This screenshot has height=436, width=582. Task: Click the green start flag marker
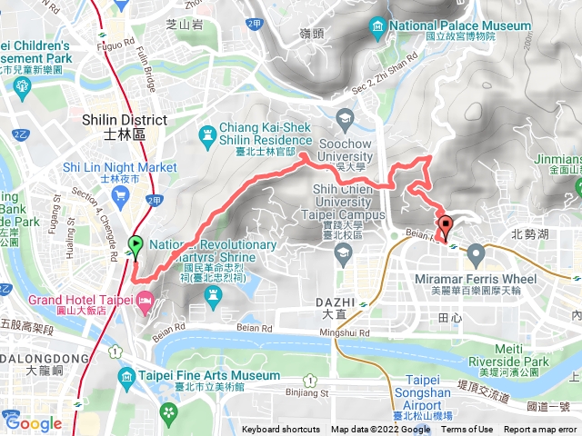[135, 243]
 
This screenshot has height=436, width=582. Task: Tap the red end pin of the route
[445, 224]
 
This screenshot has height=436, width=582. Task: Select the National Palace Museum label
[460, 25]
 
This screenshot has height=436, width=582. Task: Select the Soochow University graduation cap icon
[345, 118]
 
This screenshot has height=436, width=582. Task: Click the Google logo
[33, 422]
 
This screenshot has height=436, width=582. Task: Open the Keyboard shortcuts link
[281, 430]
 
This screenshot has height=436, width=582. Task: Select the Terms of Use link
[467, 430]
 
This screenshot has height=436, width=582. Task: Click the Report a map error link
[541, 430]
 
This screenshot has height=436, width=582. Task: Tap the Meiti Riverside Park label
[522, 355]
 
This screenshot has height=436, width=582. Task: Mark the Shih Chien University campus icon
[345, 253]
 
